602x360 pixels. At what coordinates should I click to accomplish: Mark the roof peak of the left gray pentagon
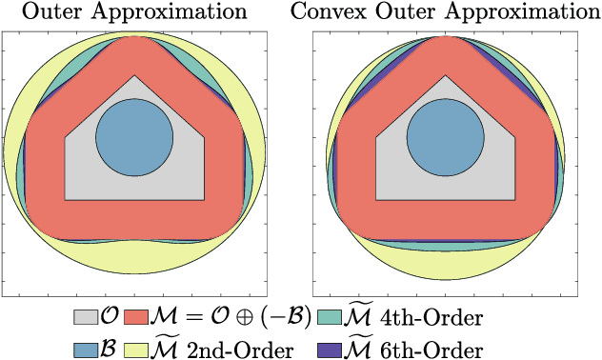coord(134,77)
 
